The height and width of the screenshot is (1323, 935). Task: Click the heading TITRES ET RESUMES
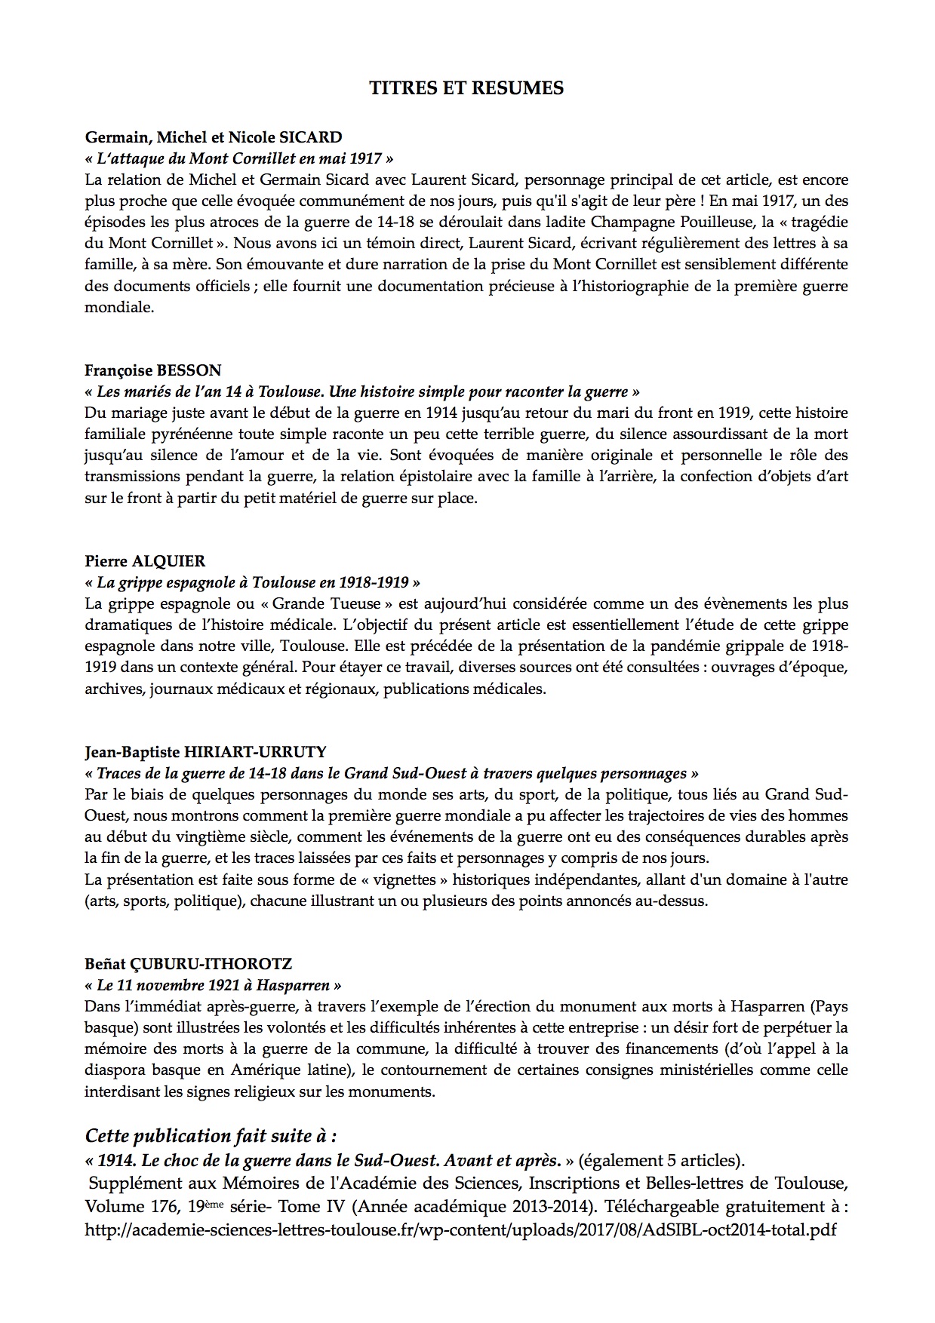tap(466, 88)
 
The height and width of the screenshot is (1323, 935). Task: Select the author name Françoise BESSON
tap(153, 370)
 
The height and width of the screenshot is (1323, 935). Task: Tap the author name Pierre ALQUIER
tap(145, 561)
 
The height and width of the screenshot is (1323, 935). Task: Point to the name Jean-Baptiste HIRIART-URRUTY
tap(206, 752)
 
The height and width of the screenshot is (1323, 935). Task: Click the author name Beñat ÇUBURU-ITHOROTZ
tap(188, 964)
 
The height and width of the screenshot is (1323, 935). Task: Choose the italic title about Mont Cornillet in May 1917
tap(239, 158)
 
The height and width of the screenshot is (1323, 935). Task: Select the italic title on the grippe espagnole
tap(253, 582)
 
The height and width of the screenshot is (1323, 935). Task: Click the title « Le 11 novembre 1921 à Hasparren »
tap(213, 985)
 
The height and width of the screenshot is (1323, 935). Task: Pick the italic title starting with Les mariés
tap(362, 391)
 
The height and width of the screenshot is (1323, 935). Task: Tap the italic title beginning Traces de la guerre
tap(392, 773)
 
